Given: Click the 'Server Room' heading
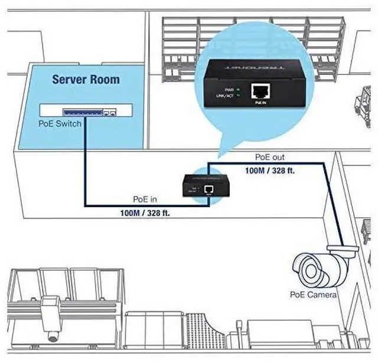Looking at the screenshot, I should (x=86, y=79).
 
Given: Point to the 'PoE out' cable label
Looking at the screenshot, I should (x=270, y=158).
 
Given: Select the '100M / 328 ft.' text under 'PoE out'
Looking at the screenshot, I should (x=270, y=169).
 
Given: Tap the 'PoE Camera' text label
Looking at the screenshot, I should (x=313, y=294).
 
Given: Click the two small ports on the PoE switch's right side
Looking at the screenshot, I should (x=109, y=111).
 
